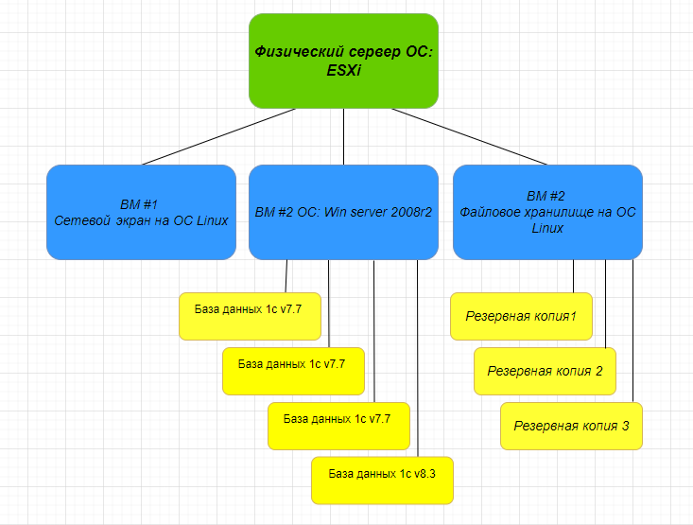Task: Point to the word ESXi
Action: click(343, 69)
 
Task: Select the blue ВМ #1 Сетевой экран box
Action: click(141, 212)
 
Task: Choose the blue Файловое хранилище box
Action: click(547, 212)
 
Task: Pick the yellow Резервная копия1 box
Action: click(521, 316)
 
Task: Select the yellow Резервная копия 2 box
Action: click(545, 371)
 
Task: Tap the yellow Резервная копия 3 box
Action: click(571, 426)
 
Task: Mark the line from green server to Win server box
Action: click(343, 137)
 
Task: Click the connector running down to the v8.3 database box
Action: click(417, 359)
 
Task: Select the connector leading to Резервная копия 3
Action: click(632, 331)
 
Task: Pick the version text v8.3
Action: click(427, 473)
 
